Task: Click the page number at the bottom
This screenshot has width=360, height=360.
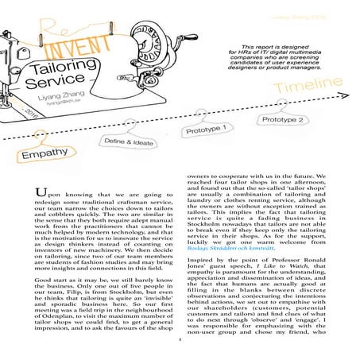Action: click(181, 355)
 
